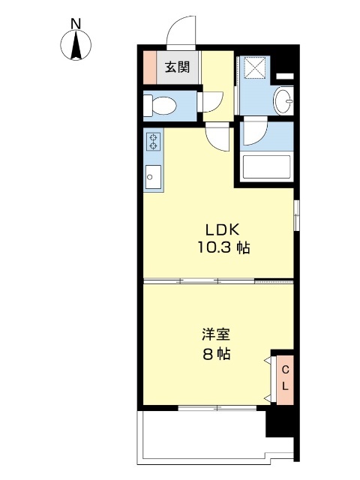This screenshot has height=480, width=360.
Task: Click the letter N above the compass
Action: (x=76, y=24)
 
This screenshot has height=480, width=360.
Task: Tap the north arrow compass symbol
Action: (x=76, y=46)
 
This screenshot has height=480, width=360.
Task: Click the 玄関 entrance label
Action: (x=178, y=67)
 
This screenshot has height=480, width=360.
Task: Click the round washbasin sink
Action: (x=284, y=100)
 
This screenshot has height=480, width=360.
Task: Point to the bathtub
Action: (x=267, y=166)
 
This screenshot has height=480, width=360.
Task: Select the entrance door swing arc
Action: (x=180, y=30)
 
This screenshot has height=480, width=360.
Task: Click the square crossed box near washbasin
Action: (x=257, y=70)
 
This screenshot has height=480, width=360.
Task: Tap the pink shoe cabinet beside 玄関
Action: (x=149, y=67)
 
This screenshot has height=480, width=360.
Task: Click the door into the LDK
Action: (x=219, y=137)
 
